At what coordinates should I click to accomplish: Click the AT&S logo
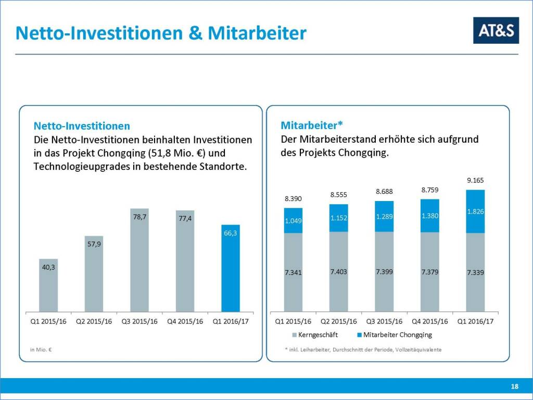tap(496, 30)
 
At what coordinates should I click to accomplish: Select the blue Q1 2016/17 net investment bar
tap(230, 271)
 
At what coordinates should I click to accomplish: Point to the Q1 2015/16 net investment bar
tap(48, 285)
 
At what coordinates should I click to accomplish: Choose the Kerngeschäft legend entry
tap(316, 335)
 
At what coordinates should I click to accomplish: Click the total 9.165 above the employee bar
tap(475, 181)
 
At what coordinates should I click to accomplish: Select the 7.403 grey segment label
tap(338, 272)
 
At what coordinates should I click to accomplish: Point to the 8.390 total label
tap(293, 198)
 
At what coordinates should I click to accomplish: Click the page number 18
tap(514, 386)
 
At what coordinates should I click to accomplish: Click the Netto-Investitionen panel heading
tap(82, 126)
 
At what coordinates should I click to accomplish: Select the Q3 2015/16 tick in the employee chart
tap(384, 321)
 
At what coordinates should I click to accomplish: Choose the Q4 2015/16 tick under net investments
tap(185, 321)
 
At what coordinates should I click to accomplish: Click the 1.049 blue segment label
tap(293, 221)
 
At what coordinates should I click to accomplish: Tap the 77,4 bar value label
tap(185, 219)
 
